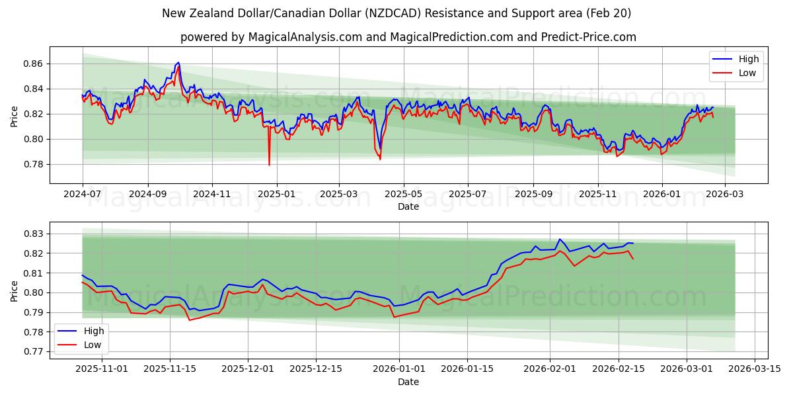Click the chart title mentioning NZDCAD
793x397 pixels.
point(397,13)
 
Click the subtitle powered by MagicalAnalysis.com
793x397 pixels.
point(408,37)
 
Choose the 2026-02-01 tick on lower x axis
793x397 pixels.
point(550,369)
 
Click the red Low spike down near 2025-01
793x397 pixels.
point(269,164)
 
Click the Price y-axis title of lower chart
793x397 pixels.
point(15,290)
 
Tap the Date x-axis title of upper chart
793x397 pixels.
point(408,207)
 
